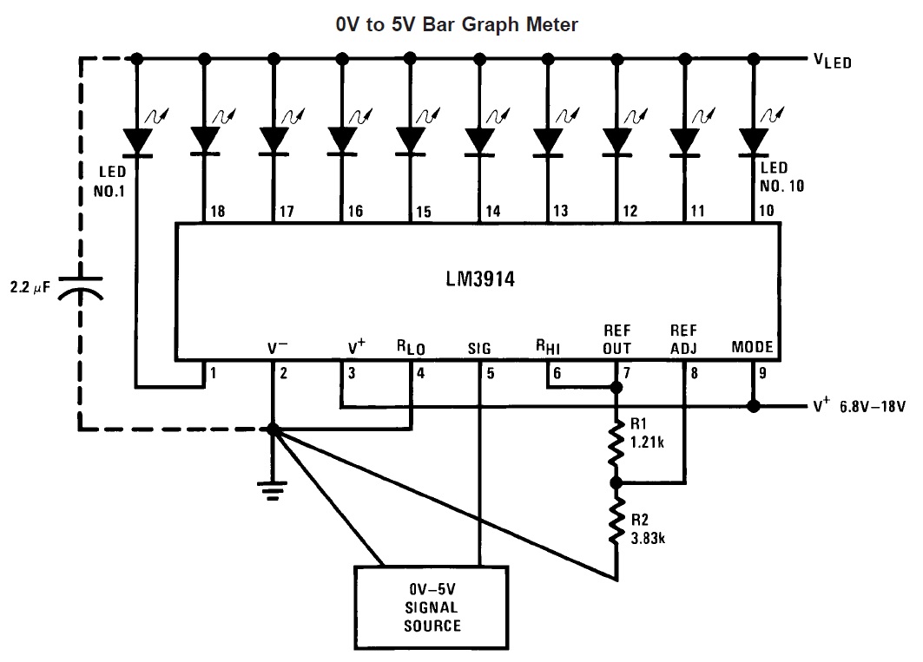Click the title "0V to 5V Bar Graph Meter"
pyautogui.click(x=457, y=24)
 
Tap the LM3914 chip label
pyautogui.click(x=480, y=279)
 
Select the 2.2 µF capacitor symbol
pyautogui.click(x=81, y=288)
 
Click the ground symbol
pyautogui.click(x=272, y=490)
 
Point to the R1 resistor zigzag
pyautogui.click(x=616, y=442)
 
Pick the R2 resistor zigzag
pyautogui.click(x=616, y=521)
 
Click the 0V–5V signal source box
pyautogui.click(x=432, y=607)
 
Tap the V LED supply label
pyautogui.click(x=833, y=61)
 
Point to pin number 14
pyautogui.click(x=492, y=211)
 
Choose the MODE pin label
pyautogui.click(x=752, y=346)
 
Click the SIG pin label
pyautogui.click(x=479, y=349)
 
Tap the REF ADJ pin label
pyautogui.click(x=683, y=339)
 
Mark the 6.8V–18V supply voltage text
pyautogui.click(x=873, y=407)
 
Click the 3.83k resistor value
pyautogui.click(x=648, y=538)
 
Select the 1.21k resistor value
pyautogui.click(x=648, y=442)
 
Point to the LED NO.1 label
pyautogui.click(x=110, y=181)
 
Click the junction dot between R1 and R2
pyautogui.click(x=616, y=483)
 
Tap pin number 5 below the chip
pyautogui.click(x=491, y=373)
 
